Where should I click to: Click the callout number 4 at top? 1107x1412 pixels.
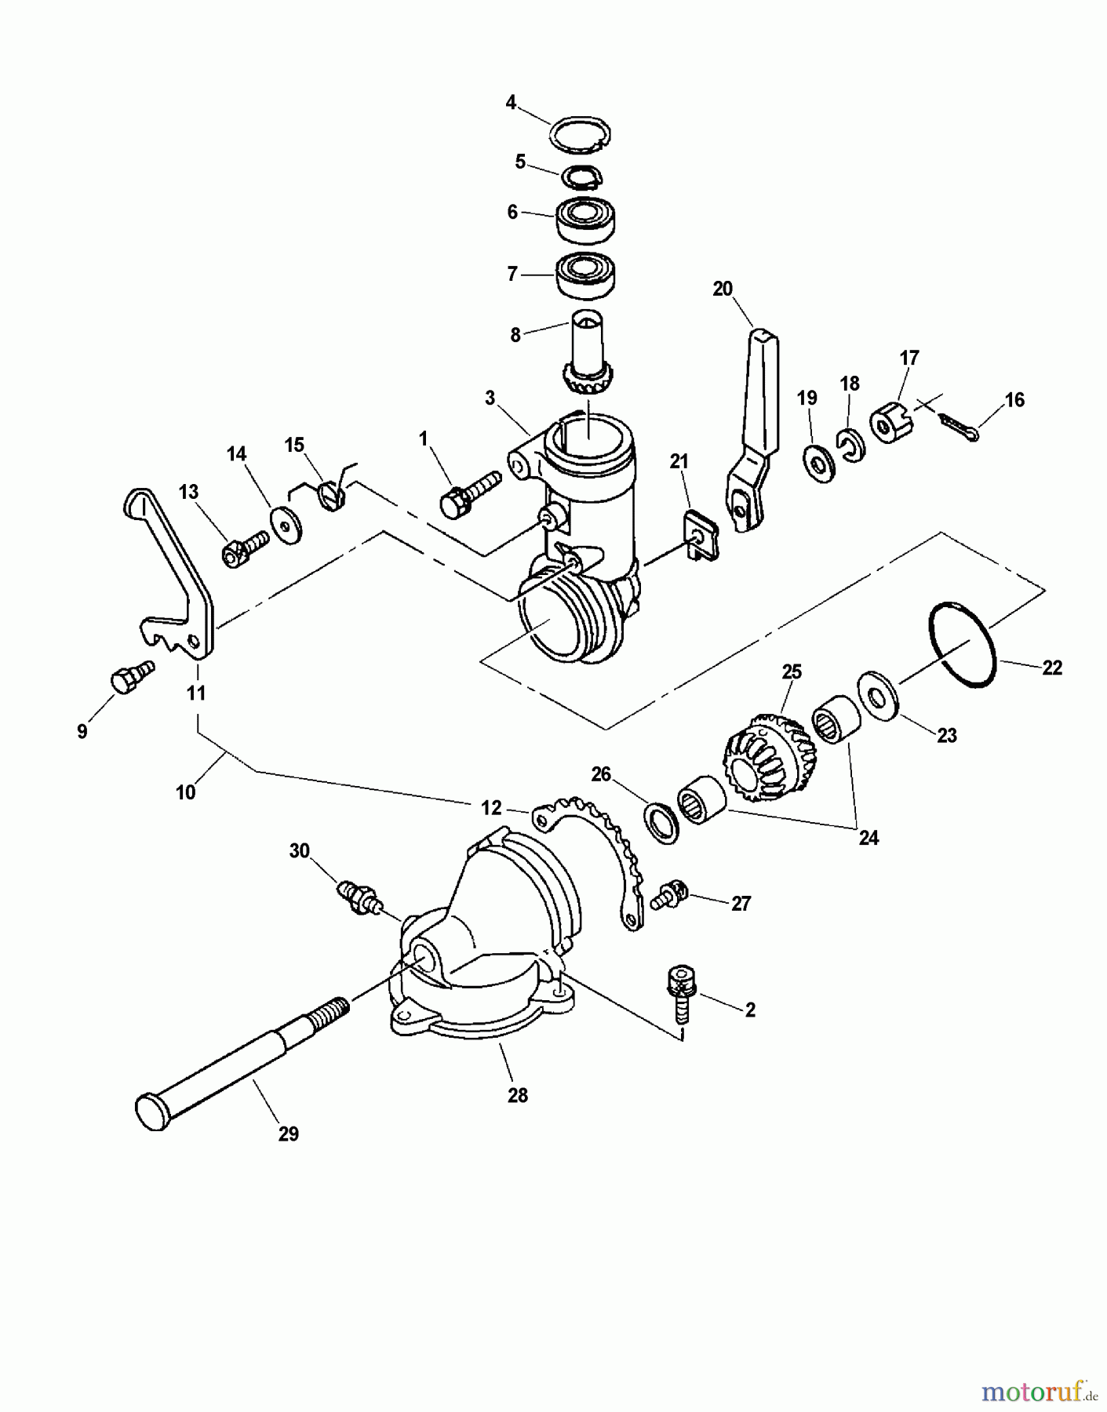point(511,103)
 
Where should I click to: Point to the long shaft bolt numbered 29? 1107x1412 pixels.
point(228,1074)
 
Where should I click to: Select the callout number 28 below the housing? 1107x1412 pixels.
point(517,1095)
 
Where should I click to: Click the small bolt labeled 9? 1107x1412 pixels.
point(129,676)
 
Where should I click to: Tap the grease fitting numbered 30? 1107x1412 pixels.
point(360,897)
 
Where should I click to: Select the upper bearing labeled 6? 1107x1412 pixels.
point(586,217)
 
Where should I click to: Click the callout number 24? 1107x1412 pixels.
point(868,838)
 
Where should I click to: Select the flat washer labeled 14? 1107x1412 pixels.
point(288,526)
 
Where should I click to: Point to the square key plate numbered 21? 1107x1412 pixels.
point(694,536)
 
